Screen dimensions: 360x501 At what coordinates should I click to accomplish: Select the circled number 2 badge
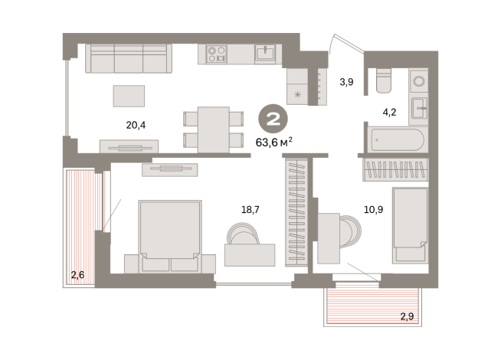point(271,119)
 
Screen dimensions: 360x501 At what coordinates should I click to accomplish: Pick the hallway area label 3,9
point(345,80)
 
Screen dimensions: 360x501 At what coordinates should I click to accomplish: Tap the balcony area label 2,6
point(78,274)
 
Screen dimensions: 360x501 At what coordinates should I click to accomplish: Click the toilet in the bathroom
point(384,80)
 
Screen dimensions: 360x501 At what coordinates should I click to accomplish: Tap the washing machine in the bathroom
point(418,80)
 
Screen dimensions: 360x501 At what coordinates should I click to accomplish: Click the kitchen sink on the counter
point(266,53)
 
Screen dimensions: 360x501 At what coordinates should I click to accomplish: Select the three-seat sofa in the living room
point(128,57)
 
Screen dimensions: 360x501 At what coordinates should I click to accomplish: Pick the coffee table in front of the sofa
point(128,95)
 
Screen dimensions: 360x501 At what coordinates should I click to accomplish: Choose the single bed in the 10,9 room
point(409,224)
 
